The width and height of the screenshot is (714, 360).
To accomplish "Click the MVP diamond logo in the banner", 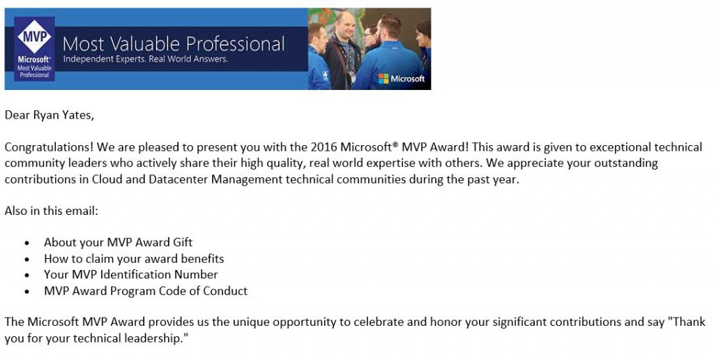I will click(x=33, y=38).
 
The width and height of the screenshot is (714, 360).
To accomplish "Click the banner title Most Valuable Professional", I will click(x=174, y=44).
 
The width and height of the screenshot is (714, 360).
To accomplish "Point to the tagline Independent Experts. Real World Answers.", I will click(x=145, y=59).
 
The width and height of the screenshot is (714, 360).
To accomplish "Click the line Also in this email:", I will click(x=52, y=211).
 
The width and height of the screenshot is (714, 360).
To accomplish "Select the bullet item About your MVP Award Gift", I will click(x=118, y=242).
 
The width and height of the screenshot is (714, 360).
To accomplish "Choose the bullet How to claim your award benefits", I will click(x=134, y=258).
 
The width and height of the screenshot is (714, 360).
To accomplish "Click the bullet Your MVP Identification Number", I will click(x=130, y=274).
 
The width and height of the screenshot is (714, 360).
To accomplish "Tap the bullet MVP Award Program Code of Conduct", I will click(x=146, y=291).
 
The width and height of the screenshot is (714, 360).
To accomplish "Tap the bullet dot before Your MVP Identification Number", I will click(x=27, y=275).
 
